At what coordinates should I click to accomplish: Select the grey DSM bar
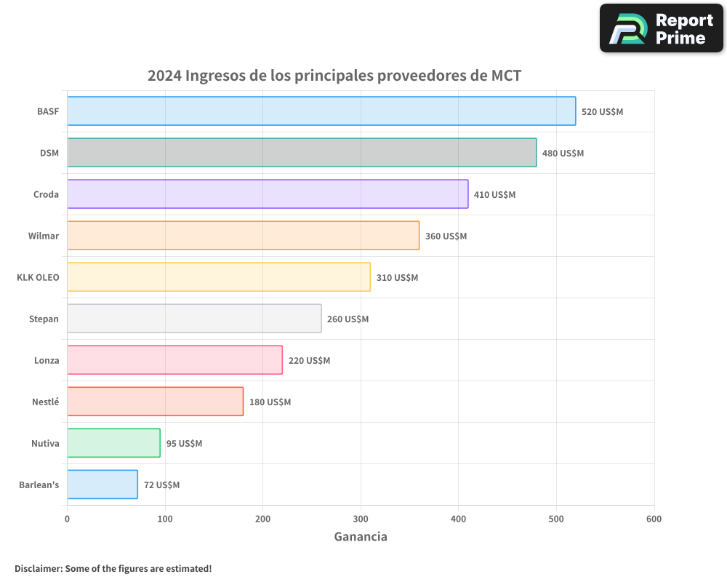point(302,153)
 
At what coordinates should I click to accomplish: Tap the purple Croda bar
point(268,194)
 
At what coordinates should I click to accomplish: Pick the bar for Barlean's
point(103,485)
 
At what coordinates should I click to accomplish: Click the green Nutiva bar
point(113,443)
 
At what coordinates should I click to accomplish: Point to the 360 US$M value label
point(446,236)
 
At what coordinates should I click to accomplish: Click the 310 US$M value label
point(397,278)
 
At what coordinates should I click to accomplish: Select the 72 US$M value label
point(161,485)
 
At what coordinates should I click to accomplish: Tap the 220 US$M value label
point(309,361)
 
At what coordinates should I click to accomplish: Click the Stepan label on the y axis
point(44,319)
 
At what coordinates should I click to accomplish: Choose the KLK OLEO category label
point(38,278)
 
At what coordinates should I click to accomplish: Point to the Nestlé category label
point(45,402)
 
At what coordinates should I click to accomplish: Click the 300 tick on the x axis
point(361,519)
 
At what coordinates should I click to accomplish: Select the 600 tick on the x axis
point(654,519)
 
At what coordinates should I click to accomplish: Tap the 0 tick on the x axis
point(67,519)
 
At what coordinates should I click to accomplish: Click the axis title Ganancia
point(361,537)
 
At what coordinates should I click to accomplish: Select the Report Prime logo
point(661,28)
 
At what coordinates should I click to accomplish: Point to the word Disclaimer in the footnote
point(38,568)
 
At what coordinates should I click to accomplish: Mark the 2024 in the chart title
point(164,75)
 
